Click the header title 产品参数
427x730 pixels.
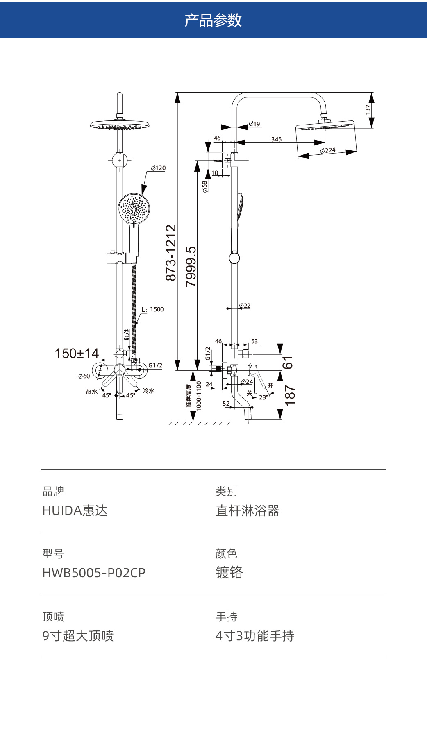(x=213, y=20)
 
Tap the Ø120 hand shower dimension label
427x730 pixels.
(x=158, y=168)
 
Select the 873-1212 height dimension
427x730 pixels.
(x=170, y=252)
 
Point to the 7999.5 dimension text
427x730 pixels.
(x=191, y=266)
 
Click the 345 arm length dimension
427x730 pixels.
(x=276, y=139)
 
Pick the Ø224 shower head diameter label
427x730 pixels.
(x=328, y=150)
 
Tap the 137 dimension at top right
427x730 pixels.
(x=368, y=109)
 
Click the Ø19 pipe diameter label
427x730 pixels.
(x=254, y=124)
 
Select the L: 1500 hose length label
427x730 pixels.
(x=152, y=309)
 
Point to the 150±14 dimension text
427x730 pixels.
(x=77, y=353)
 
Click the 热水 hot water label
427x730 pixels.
(x=91, y=392)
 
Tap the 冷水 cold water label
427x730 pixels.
(x=149, y=391)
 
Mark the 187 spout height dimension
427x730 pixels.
(x=289, y=395)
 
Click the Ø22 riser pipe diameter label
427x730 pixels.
(x=245, y=306)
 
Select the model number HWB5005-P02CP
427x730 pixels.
(x=94, y=573)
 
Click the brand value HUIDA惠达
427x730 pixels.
(x=75, y=510)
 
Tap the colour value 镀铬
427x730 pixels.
(x=229, y=572)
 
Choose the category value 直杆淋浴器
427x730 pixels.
(x=248, y=510)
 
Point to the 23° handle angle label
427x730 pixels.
(x=263, y=397)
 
